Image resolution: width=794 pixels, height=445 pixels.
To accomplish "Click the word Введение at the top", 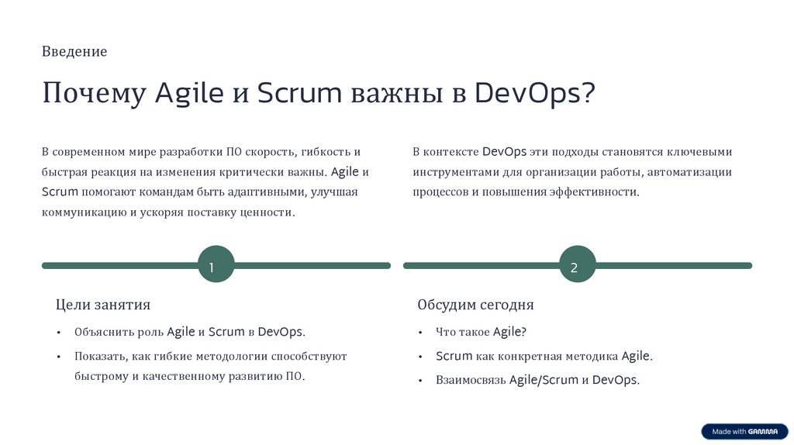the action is (x=74, y=52).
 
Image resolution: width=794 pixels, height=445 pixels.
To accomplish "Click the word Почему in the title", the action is (x=94, y=93).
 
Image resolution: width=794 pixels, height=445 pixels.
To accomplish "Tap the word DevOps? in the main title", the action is (x=535, y=93).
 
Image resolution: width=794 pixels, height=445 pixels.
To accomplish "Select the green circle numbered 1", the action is (x=216, y=265).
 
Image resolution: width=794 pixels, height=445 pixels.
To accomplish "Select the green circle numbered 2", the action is (x=577, y=265).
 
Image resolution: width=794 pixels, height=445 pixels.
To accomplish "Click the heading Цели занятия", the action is (x=103, y=305).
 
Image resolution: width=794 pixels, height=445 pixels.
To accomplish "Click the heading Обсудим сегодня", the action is (x=475, y=305).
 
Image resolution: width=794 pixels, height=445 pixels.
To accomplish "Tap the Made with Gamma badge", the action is (x=744, y=431).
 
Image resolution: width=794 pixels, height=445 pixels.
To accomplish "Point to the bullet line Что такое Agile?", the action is (x=481, y=332).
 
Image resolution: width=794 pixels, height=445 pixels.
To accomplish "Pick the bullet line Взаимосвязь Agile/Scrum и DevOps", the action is (x=537, y=380).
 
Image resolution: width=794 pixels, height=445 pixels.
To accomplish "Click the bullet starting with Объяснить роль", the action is (x=190, y=332).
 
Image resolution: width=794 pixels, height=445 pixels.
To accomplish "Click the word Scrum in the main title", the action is (x=299, y=93).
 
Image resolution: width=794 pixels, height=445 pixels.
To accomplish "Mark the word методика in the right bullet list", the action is (x=594, y=357).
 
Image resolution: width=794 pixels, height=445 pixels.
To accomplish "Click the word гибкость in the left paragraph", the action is (x=320, y=152).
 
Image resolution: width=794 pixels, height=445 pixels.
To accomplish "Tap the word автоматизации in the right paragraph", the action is (x=690, y=172).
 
